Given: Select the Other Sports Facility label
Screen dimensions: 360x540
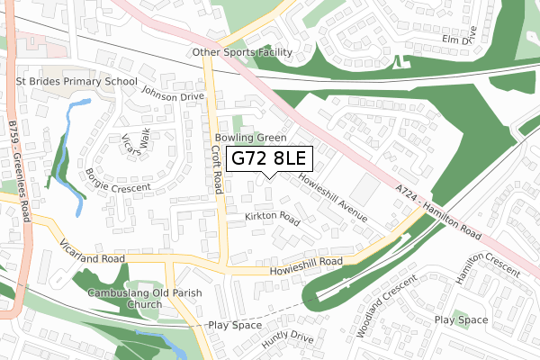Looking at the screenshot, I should pos(242,53).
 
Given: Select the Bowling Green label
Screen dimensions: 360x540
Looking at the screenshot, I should pos(250,138).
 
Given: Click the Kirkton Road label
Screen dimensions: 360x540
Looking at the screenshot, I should pos(271,218).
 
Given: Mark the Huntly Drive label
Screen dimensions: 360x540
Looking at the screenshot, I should pos(287,339).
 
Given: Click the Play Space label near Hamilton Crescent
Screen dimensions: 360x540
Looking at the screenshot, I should pos(461,319).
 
